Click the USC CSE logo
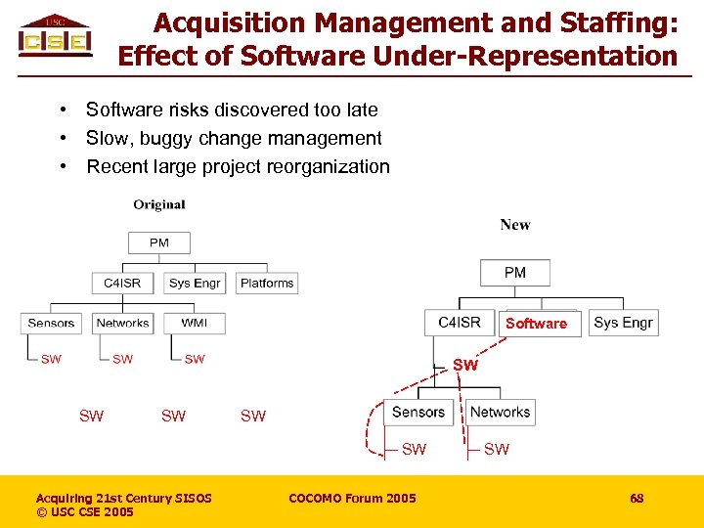(x=56, y=36)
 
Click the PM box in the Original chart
(x=158, y=242)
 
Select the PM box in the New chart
(x=515, y=273)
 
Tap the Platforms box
(x=267, y=283)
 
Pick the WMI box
(x=195, y=323)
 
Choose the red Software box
(x=536, y=324)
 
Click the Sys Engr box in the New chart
(x=623, y=323)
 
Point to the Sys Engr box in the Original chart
(x=195, y=283)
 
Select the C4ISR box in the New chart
(x=460, y=323)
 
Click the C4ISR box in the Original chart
(x=122, y=283)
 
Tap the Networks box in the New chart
(x=500, y=413)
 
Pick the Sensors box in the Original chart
(x=51, y=323)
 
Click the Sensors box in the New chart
(x=418, y=413)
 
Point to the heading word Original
(x=159, y=204)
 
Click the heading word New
(x=515, y=225)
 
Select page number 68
(x=637, y=499)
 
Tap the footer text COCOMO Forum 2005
(x=352, y=499)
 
